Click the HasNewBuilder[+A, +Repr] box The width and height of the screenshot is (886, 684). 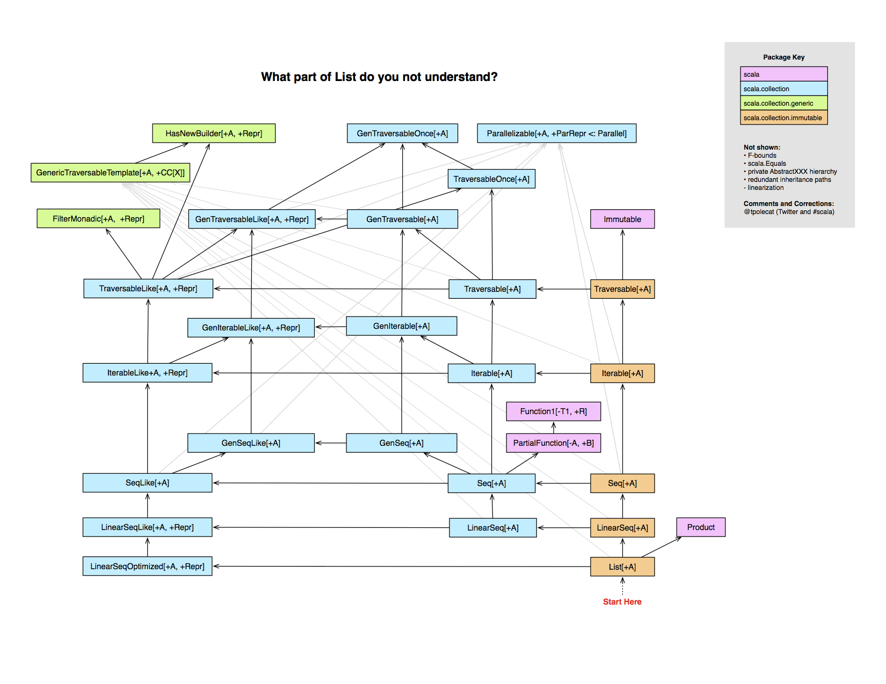pyautogui.click(x=214, y=133)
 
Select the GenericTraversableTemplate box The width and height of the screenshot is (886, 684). pyautogui.click(x=110, y=172)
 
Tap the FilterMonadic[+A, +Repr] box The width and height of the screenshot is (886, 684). pyautogui.click(x=98, y=218)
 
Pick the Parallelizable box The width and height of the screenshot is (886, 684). pyautogui.click(x=556, y=133)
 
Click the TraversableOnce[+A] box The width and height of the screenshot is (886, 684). pyautogui.click(x=491, y=179)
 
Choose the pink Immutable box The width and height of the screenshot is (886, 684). pyautogui.click(x=622, y=219)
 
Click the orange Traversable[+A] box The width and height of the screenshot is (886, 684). pyautogui.click(x=622, y=289)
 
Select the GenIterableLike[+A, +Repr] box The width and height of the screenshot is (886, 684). pyautogui.click(x=251, y=328)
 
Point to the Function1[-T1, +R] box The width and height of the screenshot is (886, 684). pyautogui.click(x=553, y=411)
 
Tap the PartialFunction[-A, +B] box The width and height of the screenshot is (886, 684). pyautogui.click(x=553, y=443)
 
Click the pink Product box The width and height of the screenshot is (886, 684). pyautogui.click(x=701, y=527)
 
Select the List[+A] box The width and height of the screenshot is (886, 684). pyautogui.click(x=622, y=567)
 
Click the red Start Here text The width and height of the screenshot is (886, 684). pyautogui.click(x=622, y=602)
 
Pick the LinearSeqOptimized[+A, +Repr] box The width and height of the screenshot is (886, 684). pyautogui.click(x=147, y=567)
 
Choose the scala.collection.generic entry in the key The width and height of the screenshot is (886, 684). pyautogui.click(x=783, y=103)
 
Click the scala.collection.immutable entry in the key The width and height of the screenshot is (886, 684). pyautogui.click(x=783, y=117)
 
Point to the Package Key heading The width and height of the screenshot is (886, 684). pyautogui.click(x=783, y=57)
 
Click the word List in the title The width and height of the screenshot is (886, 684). pyautogui.click(x=345, y=77)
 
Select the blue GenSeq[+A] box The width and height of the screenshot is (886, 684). pyautogui.click(x=401, y=443)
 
